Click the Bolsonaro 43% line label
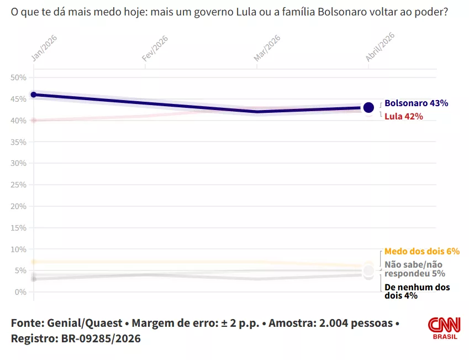(x=416, y=103)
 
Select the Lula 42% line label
(x=403, y=116)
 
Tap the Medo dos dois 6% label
(x=422, y=251)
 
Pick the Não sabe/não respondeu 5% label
(x=414, y=269)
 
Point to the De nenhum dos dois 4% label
(x=417, y=291)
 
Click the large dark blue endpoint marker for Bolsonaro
(x=368, y=107)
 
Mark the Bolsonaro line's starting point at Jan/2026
(x=34, y=95)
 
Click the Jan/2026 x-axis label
(x=44, y=48)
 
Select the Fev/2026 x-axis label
(x=155, y=48)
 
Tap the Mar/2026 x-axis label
(x=267, y=48)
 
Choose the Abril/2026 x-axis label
(x=380, y=46)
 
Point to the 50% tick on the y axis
(x=19, y=77)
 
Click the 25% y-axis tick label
(x=19, y=185)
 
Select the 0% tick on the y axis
(x=21, y=292)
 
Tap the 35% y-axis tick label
(x=19, y=142)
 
